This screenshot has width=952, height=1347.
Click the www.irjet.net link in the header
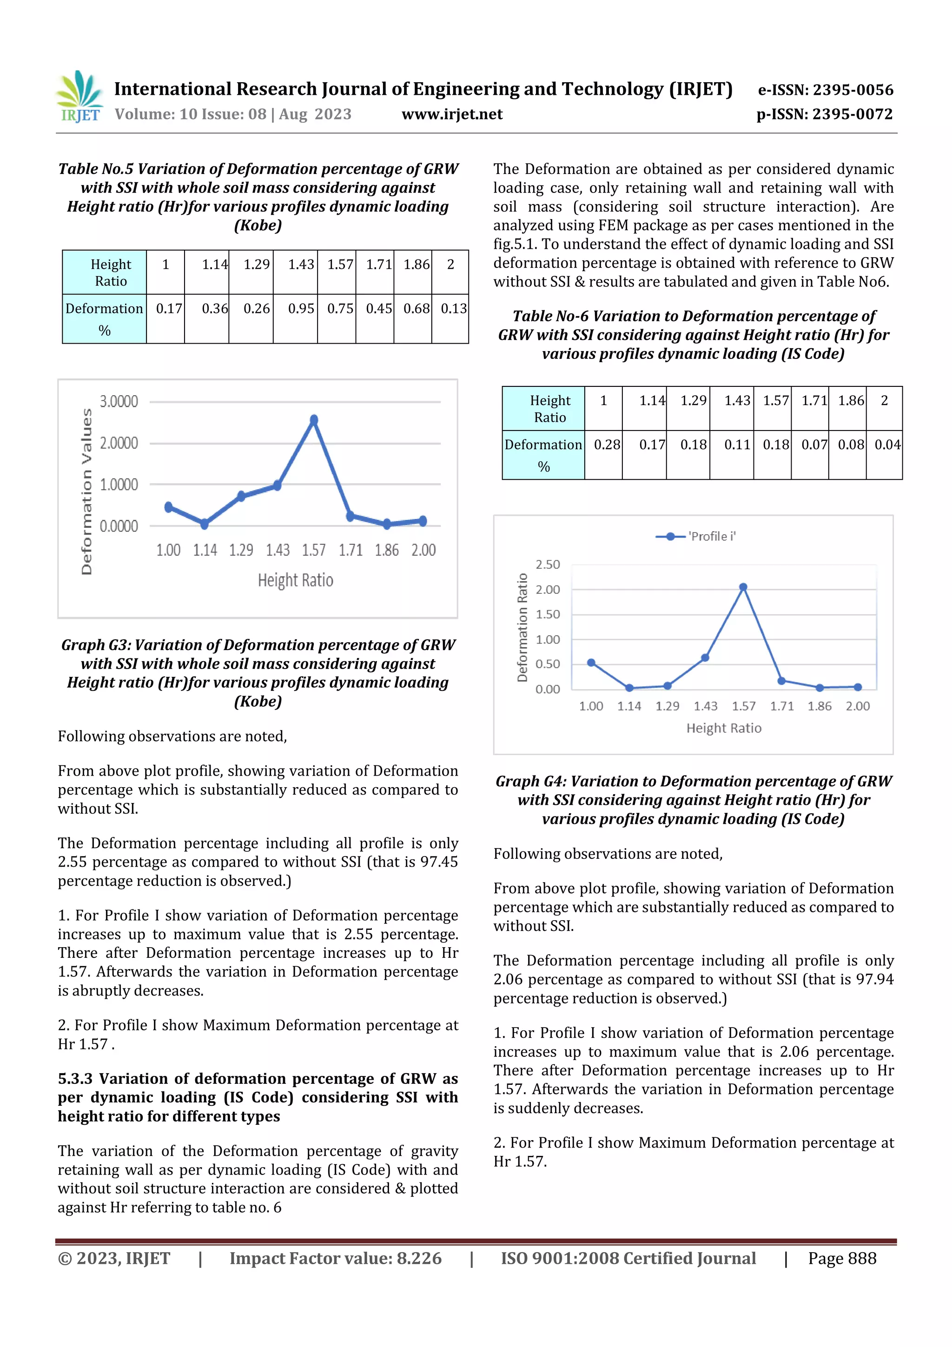coord(452,114)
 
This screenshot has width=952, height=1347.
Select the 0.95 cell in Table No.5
coord(300,309)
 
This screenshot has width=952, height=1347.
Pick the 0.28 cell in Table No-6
coord(607,445)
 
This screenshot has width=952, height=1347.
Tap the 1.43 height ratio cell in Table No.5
coord(300,265)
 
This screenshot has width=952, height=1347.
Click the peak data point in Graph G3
coord(314,420)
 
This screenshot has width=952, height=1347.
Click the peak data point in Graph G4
coord(743,587)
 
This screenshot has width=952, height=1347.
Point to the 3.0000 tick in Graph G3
coord(119,402)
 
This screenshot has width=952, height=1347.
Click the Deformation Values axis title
coord(87,491)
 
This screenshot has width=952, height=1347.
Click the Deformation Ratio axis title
coord(522,627)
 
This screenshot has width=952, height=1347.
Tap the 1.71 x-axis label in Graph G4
coord(781,706)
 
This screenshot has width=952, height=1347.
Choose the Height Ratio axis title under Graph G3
coord(296,580)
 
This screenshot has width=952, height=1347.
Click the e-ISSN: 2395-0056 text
coord(825,90)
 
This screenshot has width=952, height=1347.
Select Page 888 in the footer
coord(842,1258)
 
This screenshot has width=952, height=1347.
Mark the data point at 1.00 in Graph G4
coord(591,663)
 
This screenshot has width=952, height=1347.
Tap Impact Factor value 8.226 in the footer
coord(335,1258)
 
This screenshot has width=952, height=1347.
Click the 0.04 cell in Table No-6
coord(887,445)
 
